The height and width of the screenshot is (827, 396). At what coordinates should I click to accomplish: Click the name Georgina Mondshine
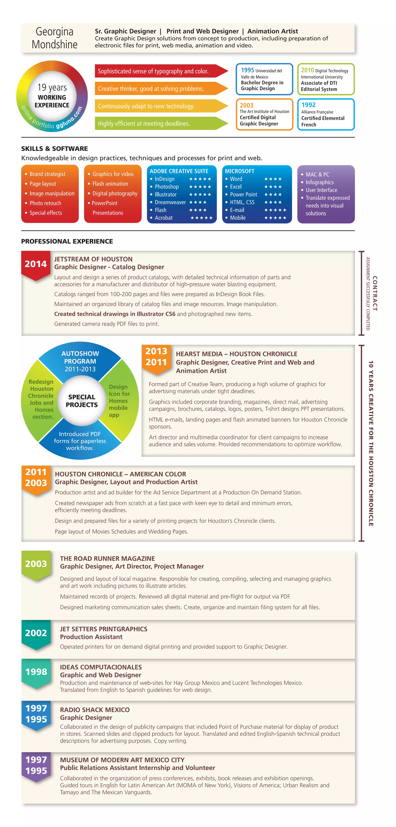coord(55,38)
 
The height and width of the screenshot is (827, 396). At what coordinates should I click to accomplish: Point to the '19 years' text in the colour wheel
coord(52,88)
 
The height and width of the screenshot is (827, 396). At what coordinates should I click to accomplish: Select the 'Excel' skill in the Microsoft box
coord(236,187)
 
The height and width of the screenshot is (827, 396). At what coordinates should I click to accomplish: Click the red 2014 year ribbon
coord(36,264)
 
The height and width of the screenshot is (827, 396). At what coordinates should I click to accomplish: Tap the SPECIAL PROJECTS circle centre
coord(82,401)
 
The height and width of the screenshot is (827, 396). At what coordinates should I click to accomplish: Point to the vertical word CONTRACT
coord(375,294)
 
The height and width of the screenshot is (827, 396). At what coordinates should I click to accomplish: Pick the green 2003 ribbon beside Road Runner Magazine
coord(36,564)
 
